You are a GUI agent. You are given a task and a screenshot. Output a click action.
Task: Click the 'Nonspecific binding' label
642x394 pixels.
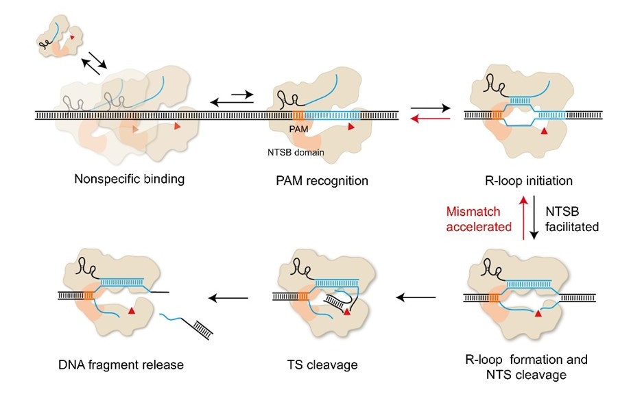coord(130,181)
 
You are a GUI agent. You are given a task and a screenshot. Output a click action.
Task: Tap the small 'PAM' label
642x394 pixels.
coord(296,127)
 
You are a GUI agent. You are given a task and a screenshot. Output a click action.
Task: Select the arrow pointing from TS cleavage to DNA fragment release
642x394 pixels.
coord(229,297)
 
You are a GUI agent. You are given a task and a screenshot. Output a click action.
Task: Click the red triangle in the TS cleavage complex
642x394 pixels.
coord(347,312)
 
